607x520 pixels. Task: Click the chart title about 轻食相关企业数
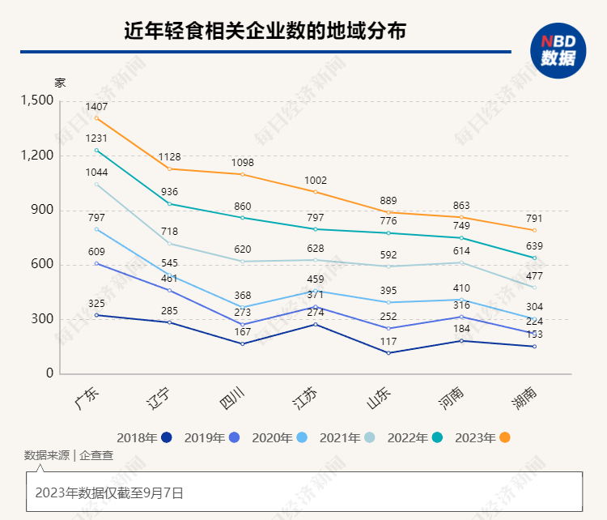(x=265, y=31)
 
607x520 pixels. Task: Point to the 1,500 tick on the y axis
(x=36, y=100)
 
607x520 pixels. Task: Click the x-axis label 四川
(x=232, y=396)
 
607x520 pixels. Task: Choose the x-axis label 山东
(x=378, y=396)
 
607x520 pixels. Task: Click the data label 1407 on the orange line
(x=96, y=106)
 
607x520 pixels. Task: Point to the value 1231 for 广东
(x=96, y=139)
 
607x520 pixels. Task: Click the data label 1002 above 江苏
(x=316, y=181)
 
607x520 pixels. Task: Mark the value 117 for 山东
(x=388, y=341)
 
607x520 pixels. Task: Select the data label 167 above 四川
(x=242, y=332)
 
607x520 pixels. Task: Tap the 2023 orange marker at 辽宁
(x=169, y=168)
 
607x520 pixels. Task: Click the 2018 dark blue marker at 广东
(x=96, y=315)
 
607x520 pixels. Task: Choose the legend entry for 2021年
(x=347, y=438)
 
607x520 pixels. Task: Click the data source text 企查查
(x=96, y=455)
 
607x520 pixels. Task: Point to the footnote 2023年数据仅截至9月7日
(x=109, y=492)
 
